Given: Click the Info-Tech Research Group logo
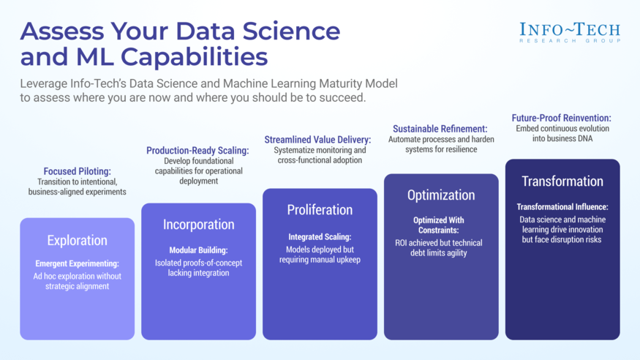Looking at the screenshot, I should (570, 31).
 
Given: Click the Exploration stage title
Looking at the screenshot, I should (77, 240).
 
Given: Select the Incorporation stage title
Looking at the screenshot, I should (198, 225).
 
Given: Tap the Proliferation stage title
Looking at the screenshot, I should (320, 209).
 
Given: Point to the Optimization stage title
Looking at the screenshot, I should (440, 195).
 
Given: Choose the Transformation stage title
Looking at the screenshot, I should (562, 181).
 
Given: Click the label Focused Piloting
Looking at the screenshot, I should (77, 171).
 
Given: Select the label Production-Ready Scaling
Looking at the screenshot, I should (197, 151).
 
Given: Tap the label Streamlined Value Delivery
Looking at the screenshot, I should (317, 139).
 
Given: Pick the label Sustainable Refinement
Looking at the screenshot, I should (440, 129).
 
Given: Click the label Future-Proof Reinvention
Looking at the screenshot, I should (561, 118).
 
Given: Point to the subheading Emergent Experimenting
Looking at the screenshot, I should (77, 263).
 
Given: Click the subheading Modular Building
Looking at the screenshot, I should (198, 250).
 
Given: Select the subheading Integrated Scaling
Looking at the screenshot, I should (320, 236).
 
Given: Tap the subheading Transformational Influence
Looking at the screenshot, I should (562, 206).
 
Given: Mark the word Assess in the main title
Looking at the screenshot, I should (61, 31).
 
